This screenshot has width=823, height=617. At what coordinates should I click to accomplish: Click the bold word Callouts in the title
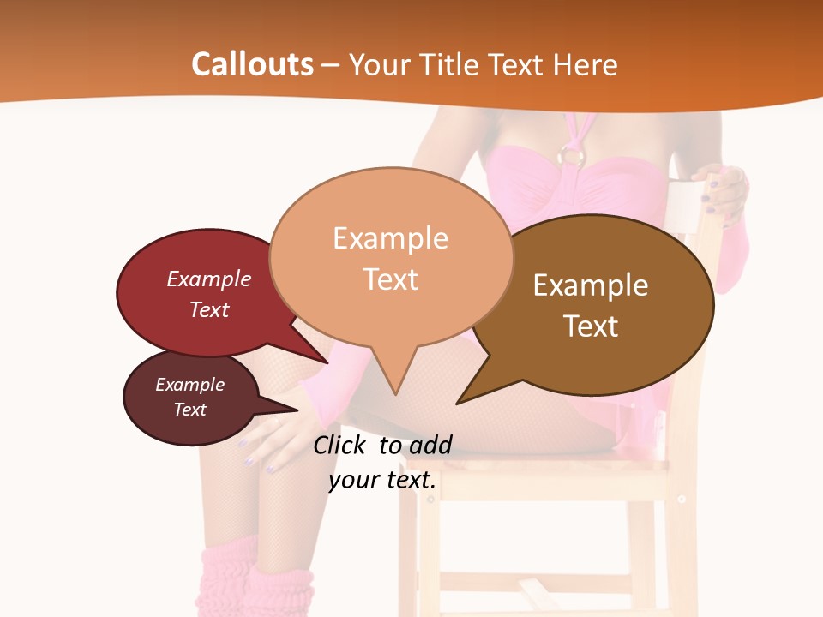[252, 64]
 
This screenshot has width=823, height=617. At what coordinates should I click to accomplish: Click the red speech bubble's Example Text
[209, 294]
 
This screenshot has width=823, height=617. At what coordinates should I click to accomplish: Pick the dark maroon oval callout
[190, 398]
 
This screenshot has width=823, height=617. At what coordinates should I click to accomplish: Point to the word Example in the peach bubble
[390, 238]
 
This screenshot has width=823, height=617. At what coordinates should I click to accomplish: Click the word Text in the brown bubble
[591, 326]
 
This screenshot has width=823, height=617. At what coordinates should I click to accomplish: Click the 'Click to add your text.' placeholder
[382, 463]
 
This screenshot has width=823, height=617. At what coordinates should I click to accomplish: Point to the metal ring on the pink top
[571, 155]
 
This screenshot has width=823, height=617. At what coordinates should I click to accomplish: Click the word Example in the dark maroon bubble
[190, 385]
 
